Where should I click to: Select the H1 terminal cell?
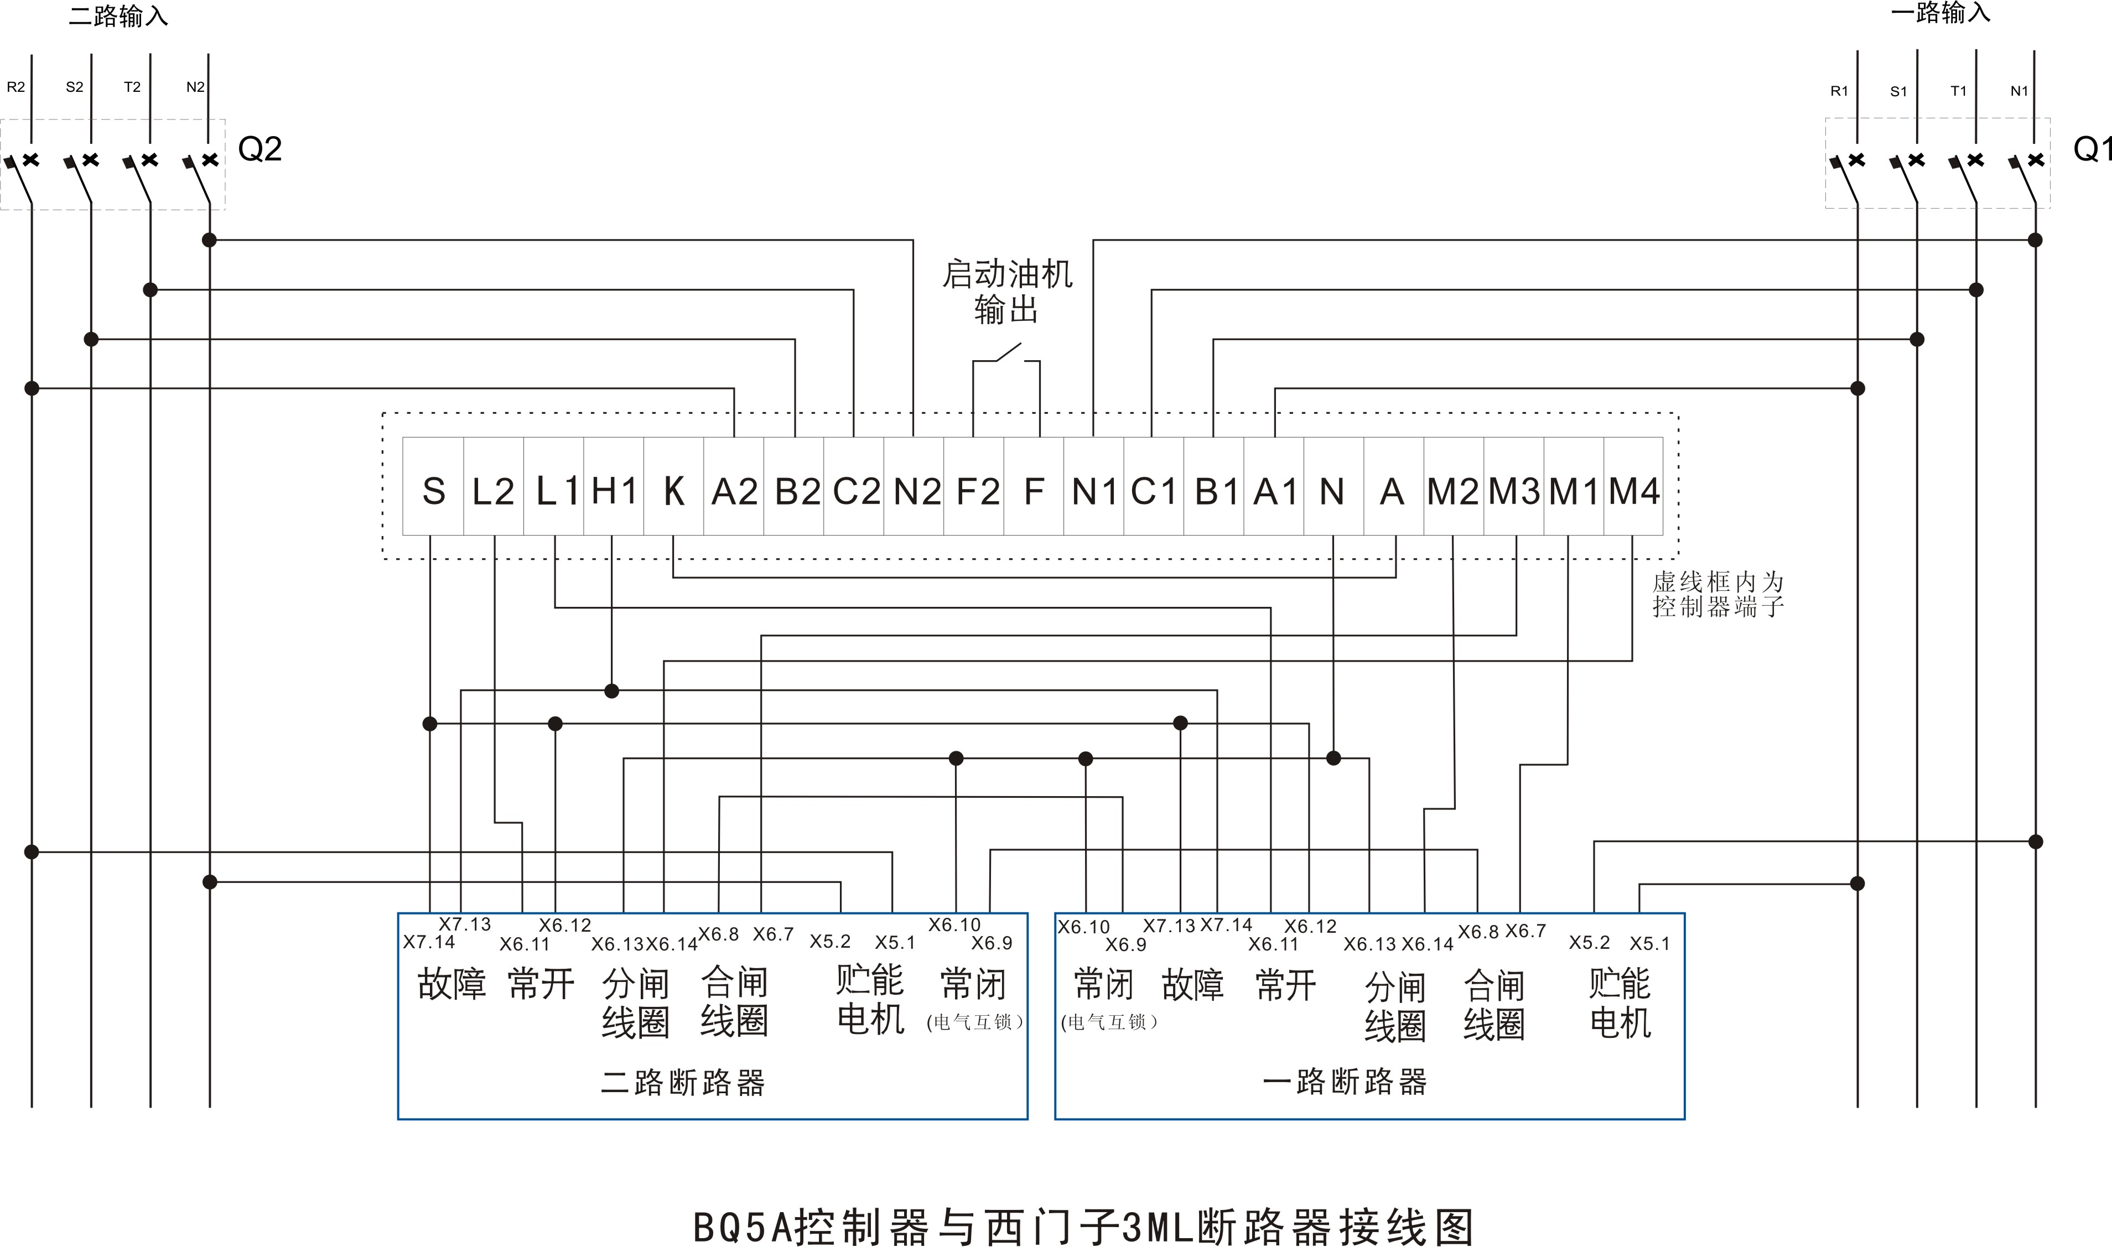point(614,491)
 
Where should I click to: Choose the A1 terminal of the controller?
point(1275,491)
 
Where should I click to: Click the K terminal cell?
point(673,491)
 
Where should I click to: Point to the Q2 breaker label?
point(260,149)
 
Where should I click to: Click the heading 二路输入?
point(118,17)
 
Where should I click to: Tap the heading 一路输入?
point(1940,13)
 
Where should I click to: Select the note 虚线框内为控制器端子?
point(1718,594)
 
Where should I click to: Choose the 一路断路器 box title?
point(1345,1082)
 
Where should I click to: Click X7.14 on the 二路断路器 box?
point(429,942)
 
